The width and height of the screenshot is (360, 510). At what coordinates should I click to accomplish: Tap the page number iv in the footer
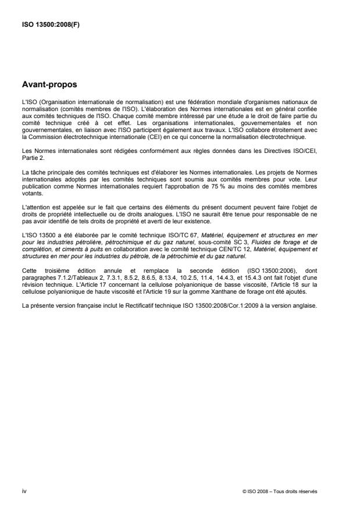tap(23, 491)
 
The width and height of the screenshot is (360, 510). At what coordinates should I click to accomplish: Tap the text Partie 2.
tap(30, 156)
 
